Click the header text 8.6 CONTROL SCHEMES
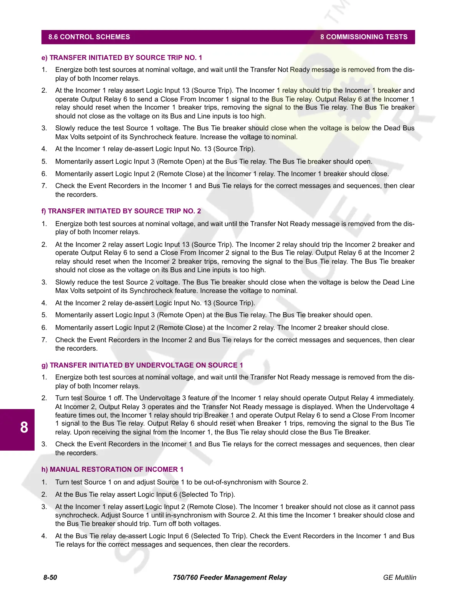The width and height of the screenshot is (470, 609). click(89, 37)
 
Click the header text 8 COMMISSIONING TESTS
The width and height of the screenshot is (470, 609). click(364, 37)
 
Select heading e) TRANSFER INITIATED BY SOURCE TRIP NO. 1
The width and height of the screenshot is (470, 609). click(122, 58)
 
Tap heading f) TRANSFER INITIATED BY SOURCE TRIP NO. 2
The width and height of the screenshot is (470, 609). click(121, 211)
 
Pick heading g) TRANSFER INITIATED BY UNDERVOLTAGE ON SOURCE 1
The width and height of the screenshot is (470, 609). click(142, 365)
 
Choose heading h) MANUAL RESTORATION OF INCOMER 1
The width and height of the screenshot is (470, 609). click(112, 469)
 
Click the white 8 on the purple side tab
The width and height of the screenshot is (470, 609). click(24, 428)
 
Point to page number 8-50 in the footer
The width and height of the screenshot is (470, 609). click(50, 577)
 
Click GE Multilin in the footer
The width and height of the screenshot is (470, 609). click(399, 577)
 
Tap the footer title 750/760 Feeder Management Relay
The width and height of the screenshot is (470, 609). click(230, 577)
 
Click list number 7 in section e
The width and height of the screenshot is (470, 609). click(44, 186)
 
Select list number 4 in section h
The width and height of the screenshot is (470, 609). click(44, 536)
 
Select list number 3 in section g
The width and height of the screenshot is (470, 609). click(44, 444)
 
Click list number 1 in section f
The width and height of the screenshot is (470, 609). click(44, 224)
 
